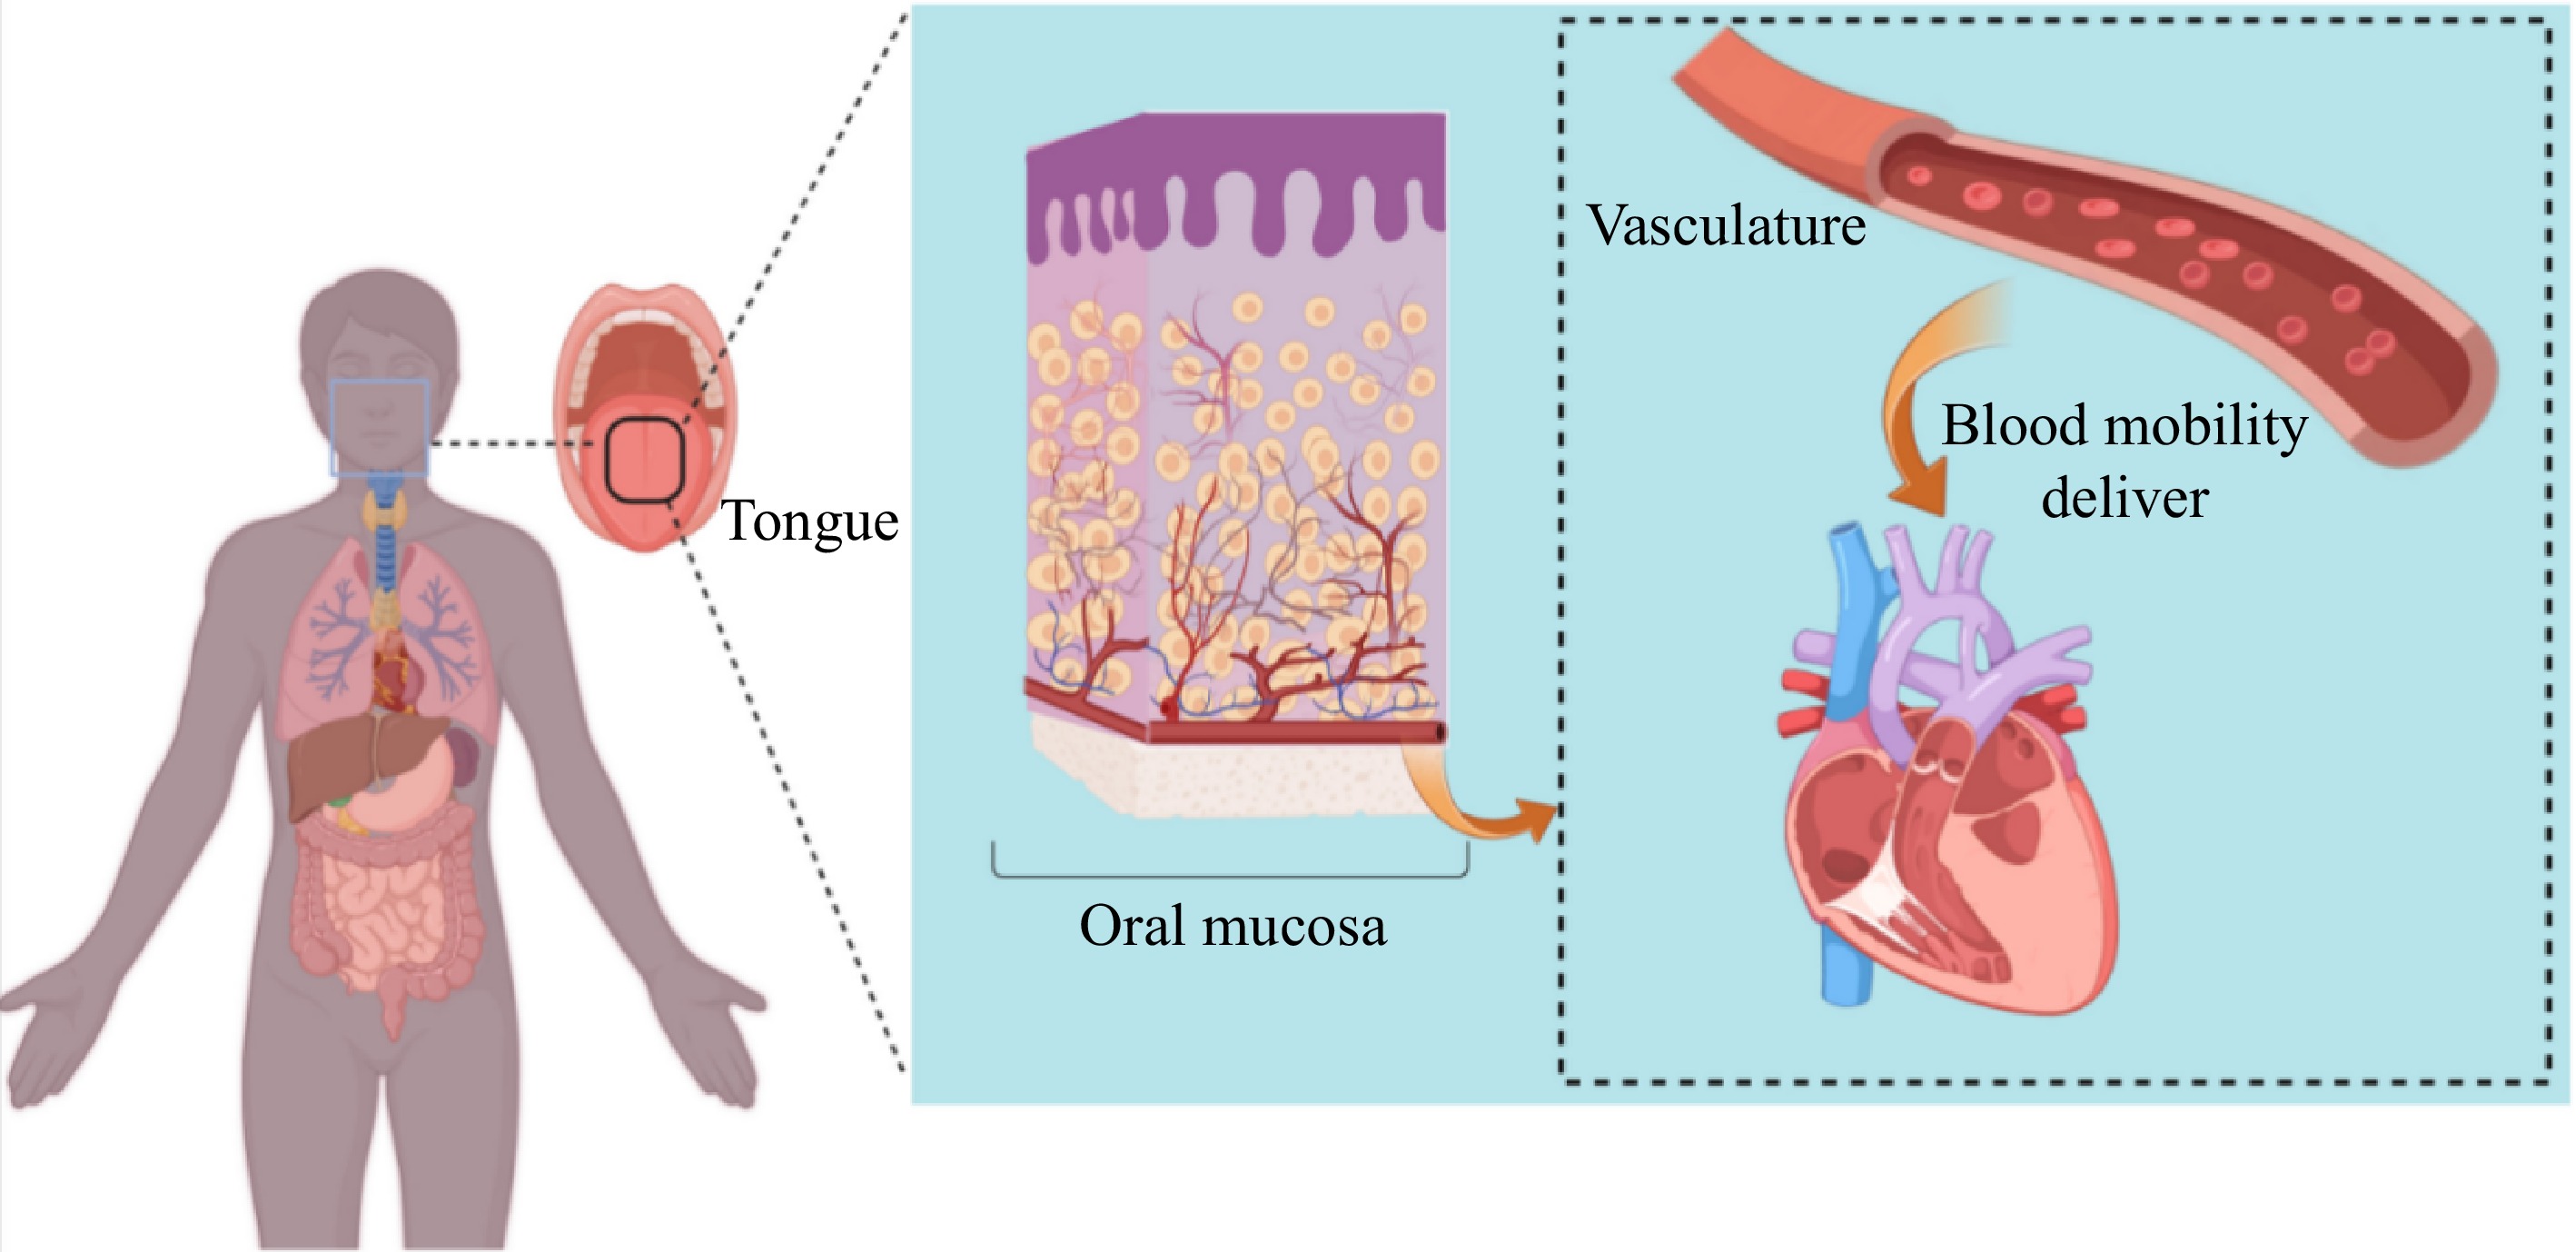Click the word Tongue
[809, 521]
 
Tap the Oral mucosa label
[1233, 926]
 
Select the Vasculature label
[1727, 225]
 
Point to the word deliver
[2124, 498]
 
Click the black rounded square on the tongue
[645, 460]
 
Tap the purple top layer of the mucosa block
[1234, 150]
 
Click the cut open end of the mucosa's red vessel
[1440, 733]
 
